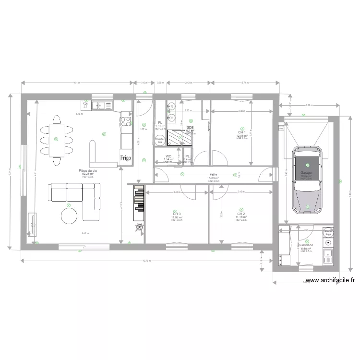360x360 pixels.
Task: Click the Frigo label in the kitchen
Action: coord(126,157)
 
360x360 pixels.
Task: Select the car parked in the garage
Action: coord(307,178)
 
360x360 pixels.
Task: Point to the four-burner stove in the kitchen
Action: coord(126,122)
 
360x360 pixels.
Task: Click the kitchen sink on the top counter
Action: coord(101,105)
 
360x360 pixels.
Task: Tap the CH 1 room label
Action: coord(241,132)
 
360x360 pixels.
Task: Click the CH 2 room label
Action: coord(241,214)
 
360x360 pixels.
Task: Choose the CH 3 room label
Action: coord(177,214)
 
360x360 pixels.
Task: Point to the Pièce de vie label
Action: coord(88,171)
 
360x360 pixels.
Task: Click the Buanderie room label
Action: coord(306,245)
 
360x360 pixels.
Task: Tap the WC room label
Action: coord(168,156)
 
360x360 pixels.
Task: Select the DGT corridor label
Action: coord(214,175)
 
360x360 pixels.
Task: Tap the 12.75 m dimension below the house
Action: coord(146,261)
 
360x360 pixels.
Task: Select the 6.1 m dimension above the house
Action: coord(77,83)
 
